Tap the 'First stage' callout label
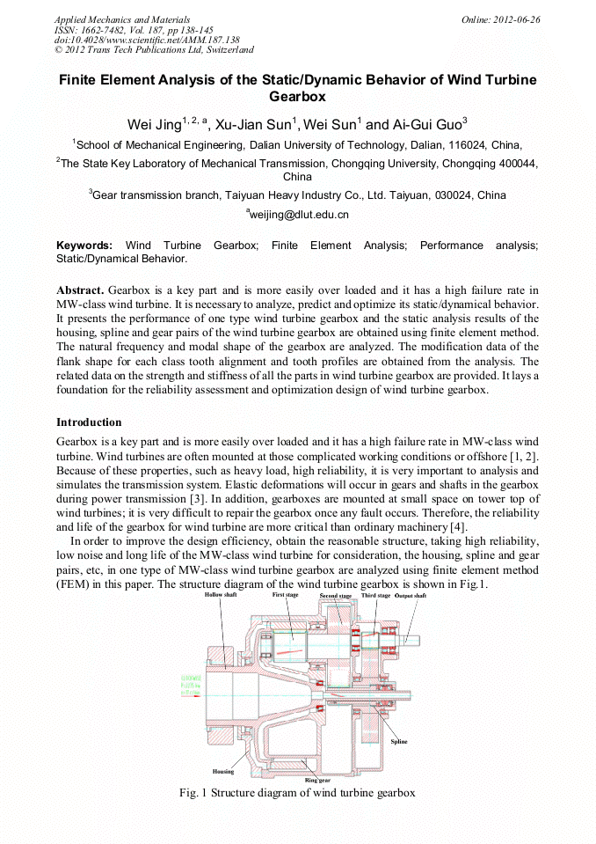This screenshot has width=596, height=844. click(x=287, y=596)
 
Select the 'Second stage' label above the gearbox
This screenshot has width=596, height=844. click(x=335, y=597)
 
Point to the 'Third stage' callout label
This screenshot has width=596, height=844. click(x=376, y=596)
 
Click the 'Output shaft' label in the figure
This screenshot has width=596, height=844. click(x=411, y=596)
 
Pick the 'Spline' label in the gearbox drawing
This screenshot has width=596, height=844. click(x=399, y=742)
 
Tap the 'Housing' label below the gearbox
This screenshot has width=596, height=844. click(x=223, y=772)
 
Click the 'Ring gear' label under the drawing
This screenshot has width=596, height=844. click(x=317, y=780)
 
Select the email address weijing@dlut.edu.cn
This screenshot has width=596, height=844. click(x=298, y=214)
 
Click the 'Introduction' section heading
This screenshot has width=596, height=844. click(x=89, y=422)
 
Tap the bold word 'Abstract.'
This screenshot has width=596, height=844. click(x=81, y=290)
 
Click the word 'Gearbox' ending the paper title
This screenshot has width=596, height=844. click(x=297, y=97)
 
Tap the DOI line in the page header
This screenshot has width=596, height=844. click(x=147, y=40)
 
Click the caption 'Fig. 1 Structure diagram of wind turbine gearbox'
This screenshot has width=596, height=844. click(x=297, y=793)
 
